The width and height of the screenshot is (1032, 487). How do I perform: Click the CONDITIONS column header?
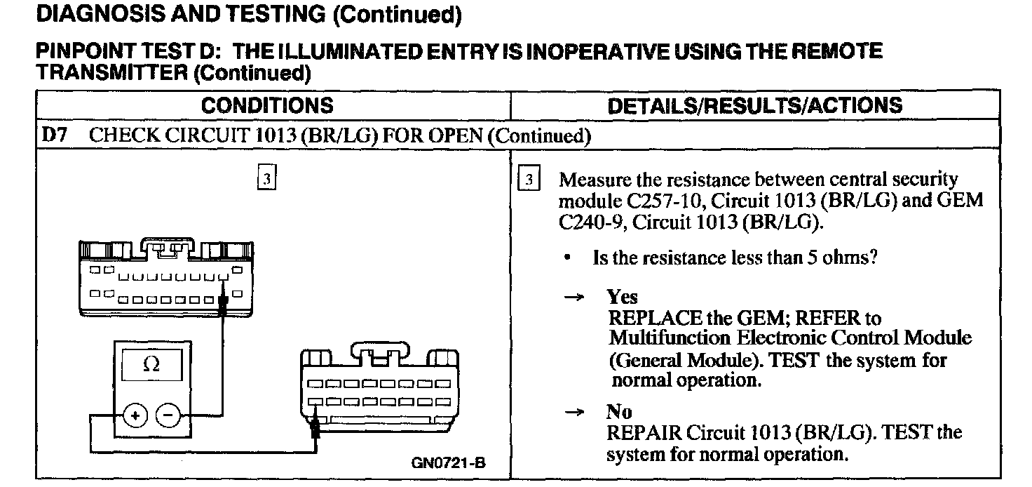coord(267,106)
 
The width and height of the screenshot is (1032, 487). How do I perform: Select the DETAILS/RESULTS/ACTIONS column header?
coord(754,106)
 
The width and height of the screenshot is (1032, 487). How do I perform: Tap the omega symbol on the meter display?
coord(151,365)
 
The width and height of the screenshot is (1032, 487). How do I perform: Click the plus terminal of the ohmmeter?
coord(134,415)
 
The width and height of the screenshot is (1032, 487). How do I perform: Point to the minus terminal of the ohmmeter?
coord(168,415)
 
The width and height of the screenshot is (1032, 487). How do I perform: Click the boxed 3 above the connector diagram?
coord(266,178)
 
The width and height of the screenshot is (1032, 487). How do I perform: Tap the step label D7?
coord(55,135)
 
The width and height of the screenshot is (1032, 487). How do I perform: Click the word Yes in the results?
coord(623,297)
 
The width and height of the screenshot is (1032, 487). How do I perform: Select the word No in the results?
coord(619,413)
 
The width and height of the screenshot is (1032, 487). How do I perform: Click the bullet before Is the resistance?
coord(566,258)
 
